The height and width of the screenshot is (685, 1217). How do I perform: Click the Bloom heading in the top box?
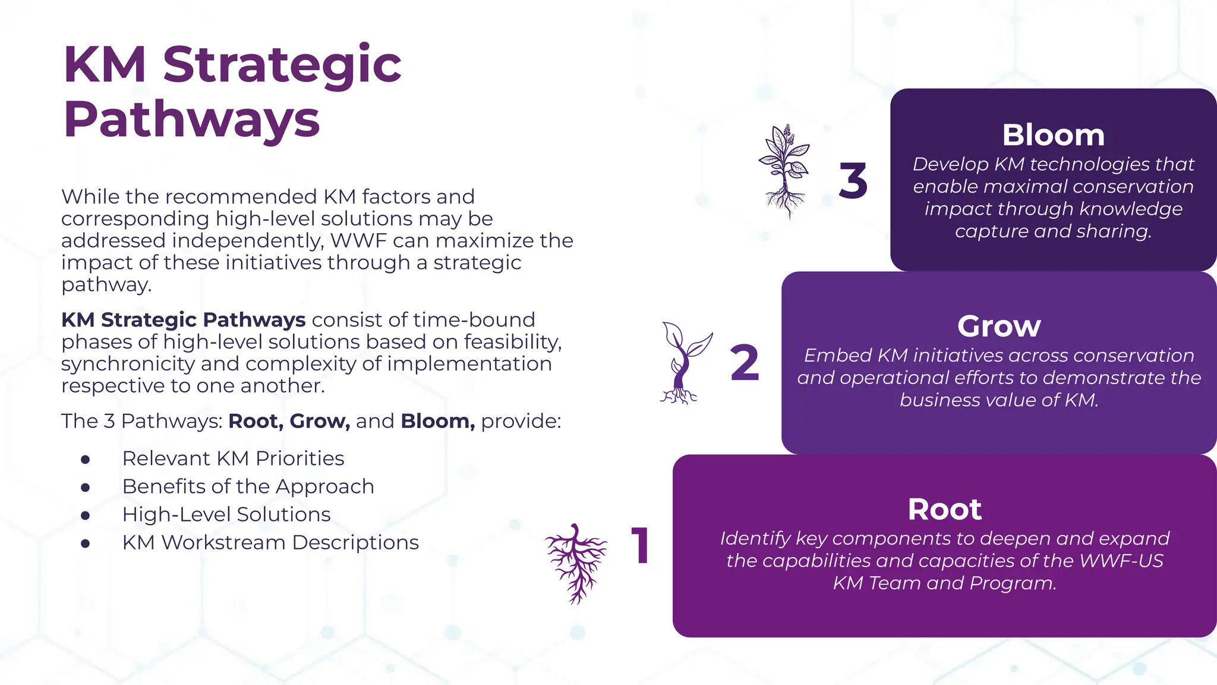click(x=1053, y=136)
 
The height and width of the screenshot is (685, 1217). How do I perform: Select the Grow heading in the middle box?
click(x=999, y=326)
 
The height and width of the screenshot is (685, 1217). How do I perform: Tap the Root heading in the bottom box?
click(x=944, y=510)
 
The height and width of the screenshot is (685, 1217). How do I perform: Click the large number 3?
click(x=853, y=181)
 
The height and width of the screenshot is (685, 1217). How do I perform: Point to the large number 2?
click(x=744, y=363)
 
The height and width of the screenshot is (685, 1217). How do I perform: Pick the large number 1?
click(x=641, y=546)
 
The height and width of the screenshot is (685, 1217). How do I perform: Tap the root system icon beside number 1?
click(x=575, y=563)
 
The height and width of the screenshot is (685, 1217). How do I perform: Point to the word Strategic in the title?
click(x=282, y=65)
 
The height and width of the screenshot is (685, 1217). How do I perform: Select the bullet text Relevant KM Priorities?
click(x=233, y=458)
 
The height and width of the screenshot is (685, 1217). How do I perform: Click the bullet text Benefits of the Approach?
click(x=248, y=486)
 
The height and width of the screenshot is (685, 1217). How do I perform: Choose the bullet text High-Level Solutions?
click(x=226, y=514)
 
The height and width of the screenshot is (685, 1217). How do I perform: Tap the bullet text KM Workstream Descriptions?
click(x=270, y=542)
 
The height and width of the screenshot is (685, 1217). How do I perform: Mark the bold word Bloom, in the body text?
click(x=437, y=421)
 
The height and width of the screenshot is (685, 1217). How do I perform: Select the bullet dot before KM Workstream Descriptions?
click(x=86, y=543)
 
